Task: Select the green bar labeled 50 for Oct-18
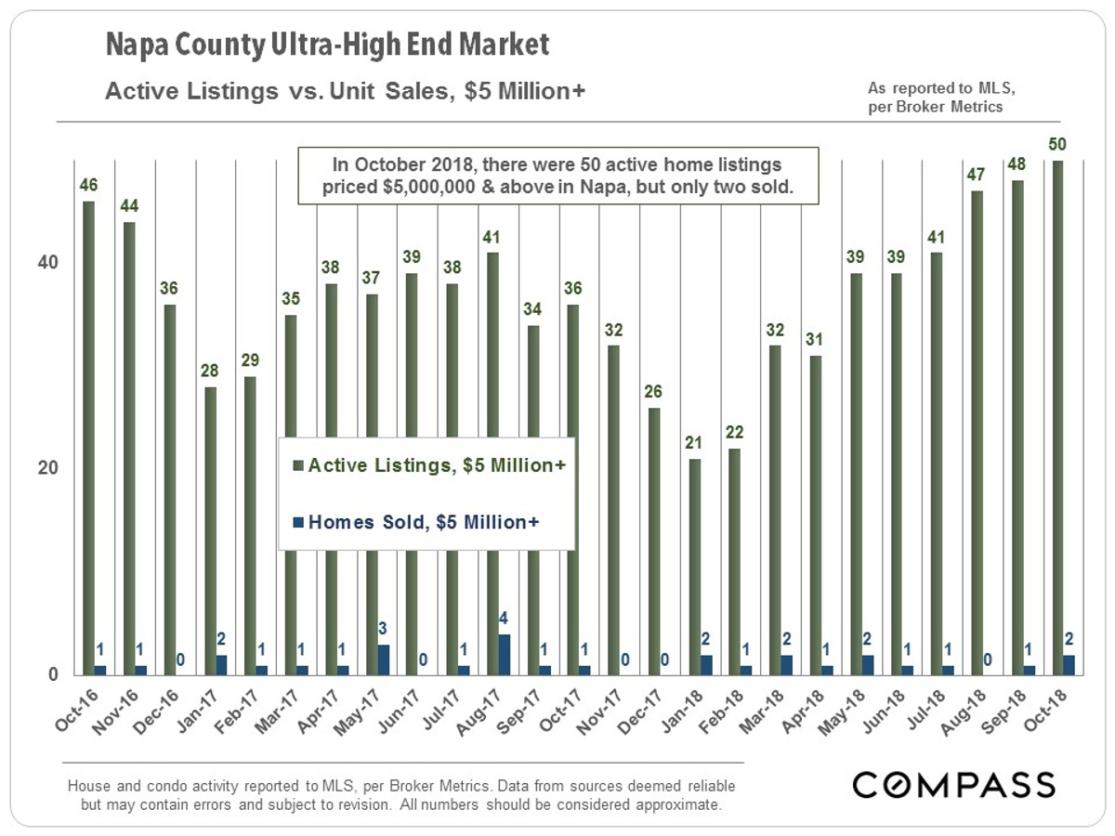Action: point(1058,418)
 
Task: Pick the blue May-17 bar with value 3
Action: point(383,659)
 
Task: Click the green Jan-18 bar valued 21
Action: point(694,567)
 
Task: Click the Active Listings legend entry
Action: point(428,464)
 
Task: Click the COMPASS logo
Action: point(954,784)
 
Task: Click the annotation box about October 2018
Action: point(557,175)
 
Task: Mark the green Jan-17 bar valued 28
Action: point(210,529)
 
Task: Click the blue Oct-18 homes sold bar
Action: point(1070,664)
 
